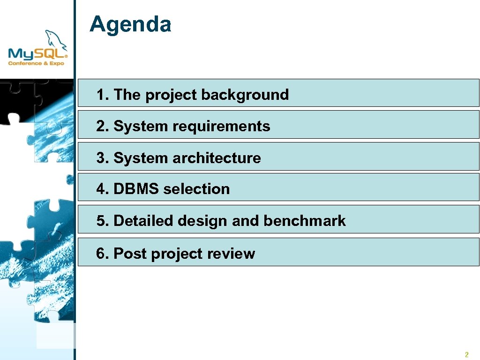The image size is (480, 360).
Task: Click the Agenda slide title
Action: [x=130, y=24]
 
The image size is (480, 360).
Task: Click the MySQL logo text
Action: [x=37, y=53]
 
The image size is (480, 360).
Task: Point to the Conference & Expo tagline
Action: [x=36, y=63]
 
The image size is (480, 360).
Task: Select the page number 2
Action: [x=466, y=354]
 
